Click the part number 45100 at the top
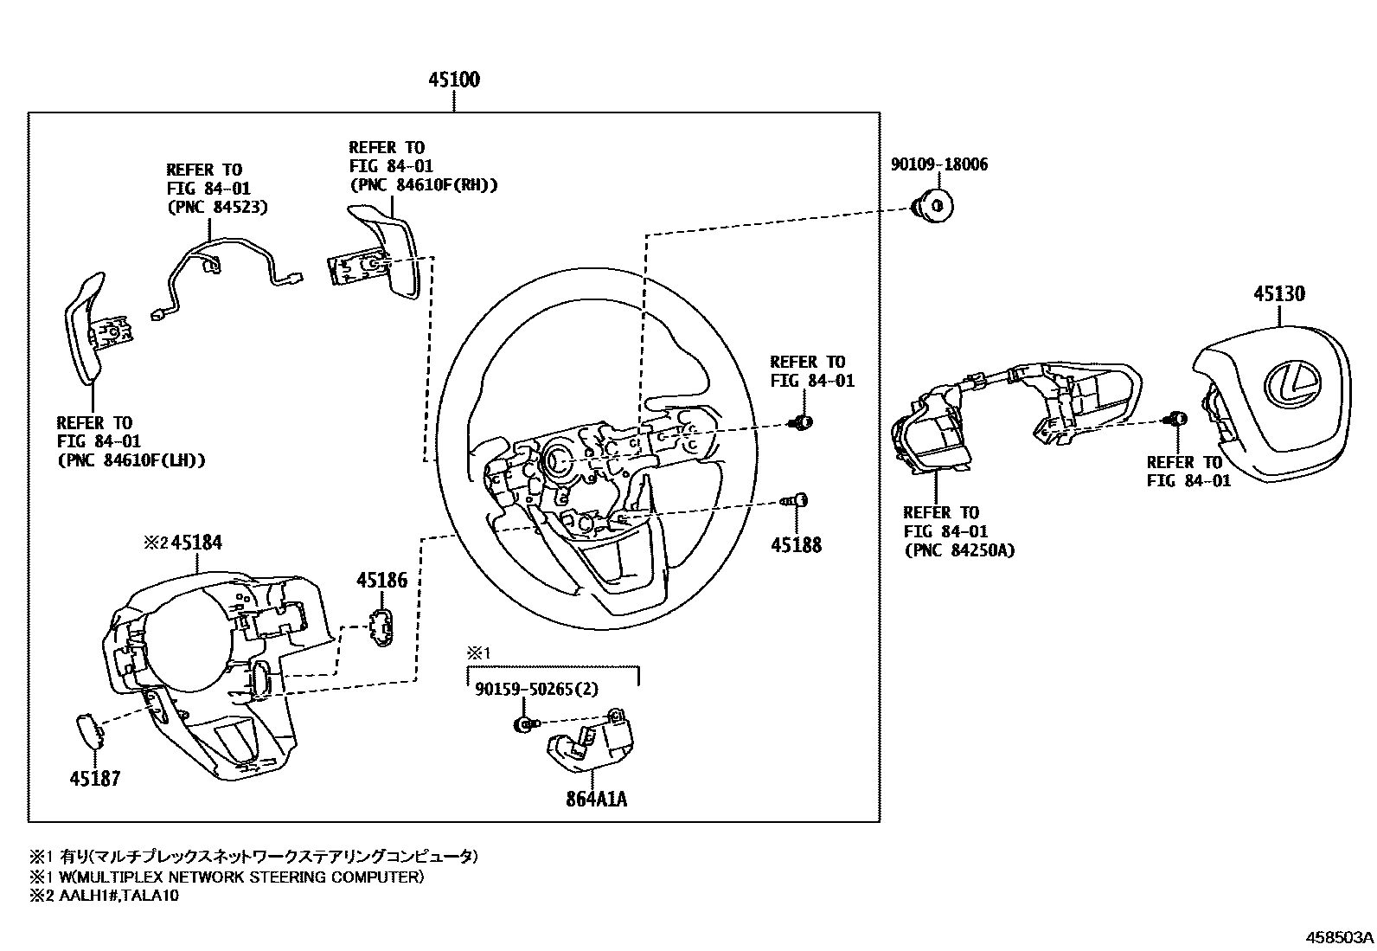pyautogui.click(x=454, y=80)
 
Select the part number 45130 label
pyautogui.click(x=1279, y=294)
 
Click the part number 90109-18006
pyautogui.click(x=939, y=164)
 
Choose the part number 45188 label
pyautogui.click(x=797, y=545)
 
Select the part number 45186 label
pyautogui.click(x=381, y=580)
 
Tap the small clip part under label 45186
pyautogui.click(x=380, y=626)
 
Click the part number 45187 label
pyautogui.click(x=95, y=778)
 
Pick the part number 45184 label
pyautogui.click(x=196, y=543)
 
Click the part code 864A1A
pyautogui.click(x=596, y=799)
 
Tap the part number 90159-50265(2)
pyautogui.click(x=536, y=689)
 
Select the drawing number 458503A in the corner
pyautogui.click(x=1340, y=937)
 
